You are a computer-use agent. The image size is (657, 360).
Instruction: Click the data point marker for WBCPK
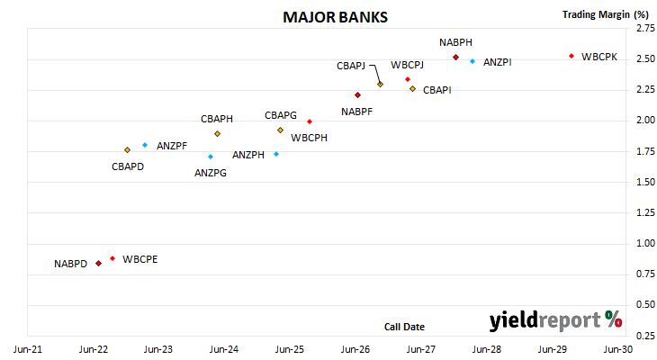[x=571, y=56]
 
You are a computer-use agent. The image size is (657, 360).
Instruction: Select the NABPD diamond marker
[x=98, y=263]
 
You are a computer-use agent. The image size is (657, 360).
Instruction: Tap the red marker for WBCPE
[x=112, y=258]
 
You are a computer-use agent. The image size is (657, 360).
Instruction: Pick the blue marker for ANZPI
[x=472, y=61]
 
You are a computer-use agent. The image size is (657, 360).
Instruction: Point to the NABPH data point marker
[x=456, y=58]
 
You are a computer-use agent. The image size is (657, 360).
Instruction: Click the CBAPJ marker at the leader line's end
[x=380, y=85]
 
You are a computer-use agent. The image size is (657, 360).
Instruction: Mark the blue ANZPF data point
[x=145, y=145]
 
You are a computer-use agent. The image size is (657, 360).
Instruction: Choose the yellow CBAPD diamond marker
[x=128, y=150]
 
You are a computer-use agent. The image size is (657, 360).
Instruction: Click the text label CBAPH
[x=217, y=119]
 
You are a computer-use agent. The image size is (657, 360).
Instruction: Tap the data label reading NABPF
[x=356, y=112]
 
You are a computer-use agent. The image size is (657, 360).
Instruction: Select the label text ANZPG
[x=211, y=173]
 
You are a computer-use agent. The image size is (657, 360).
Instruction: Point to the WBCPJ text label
[x=408, y=65]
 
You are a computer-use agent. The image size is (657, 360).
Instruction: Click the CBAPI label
[x=437, y=90]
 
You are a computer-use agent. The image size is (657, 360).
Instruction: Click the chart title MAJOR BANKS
[x=335, y=17]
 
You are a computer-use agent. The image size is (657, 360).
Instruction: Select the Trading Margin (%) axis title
[x=606, y=14]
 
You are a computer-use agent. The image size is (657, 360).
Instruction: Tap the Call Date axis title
[x=404, y=327]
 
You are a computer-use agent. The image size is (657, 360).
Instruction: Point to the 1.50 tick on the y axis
[x=645, y=182]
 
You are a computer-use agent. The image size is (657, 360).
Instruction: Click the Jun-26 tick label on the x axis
[x=355, y=349]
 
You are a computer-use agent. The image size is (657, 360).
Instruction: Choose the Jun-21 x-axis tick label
[x=28, y=349]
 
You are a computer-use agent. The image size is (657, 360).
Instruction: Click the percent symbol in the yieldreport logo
[x=614, y=319]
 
